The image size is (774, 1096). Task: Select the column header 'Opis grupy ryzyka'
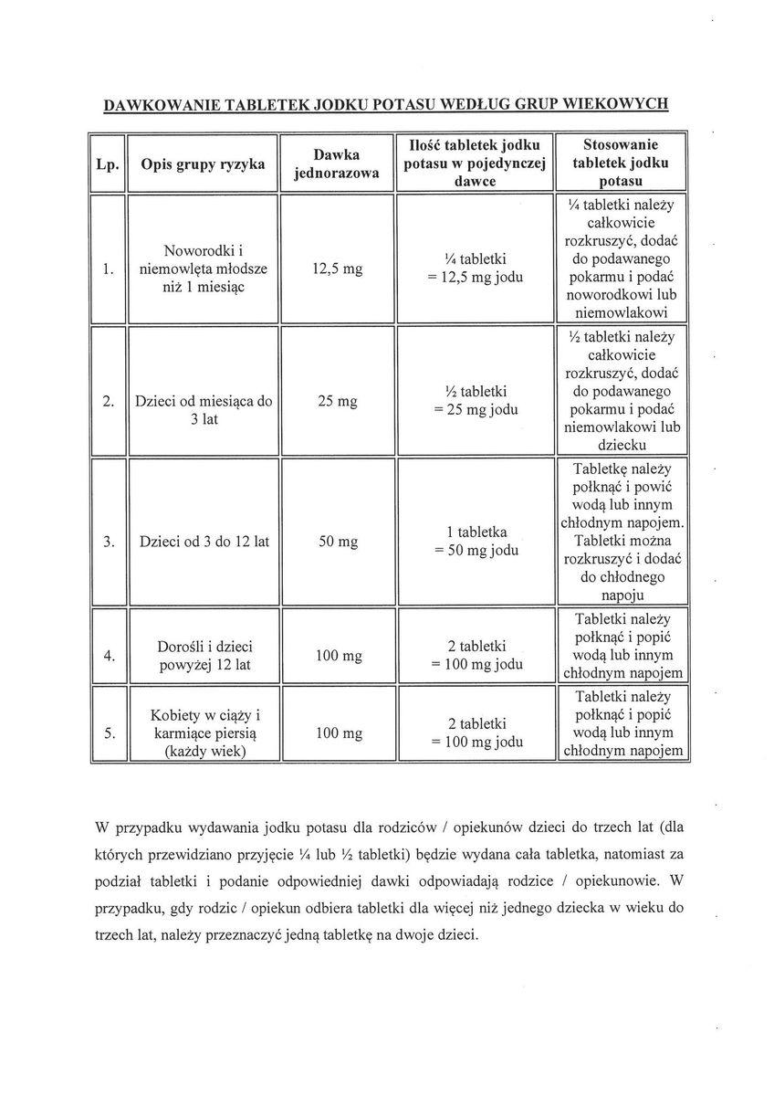pos(203,164)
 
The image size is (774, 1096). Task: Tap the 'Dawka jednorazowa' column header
pos(336,164)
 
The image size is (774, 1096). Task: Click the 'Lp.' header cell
pos(109,164)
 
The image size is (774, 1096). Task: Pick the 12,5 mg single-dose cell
pos(336,269)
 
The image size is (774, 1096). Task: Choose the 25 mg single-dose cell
pos(336,400)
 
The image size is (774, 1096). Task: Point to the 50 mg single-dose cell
pos(336,542)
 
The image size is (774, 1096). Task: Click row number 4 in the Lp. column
pos(109,655)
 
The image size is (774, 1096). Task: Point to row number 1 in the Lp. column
pos(109,269)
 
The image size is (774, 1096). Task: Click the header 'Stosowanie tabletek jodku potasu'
pos(621,164)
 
